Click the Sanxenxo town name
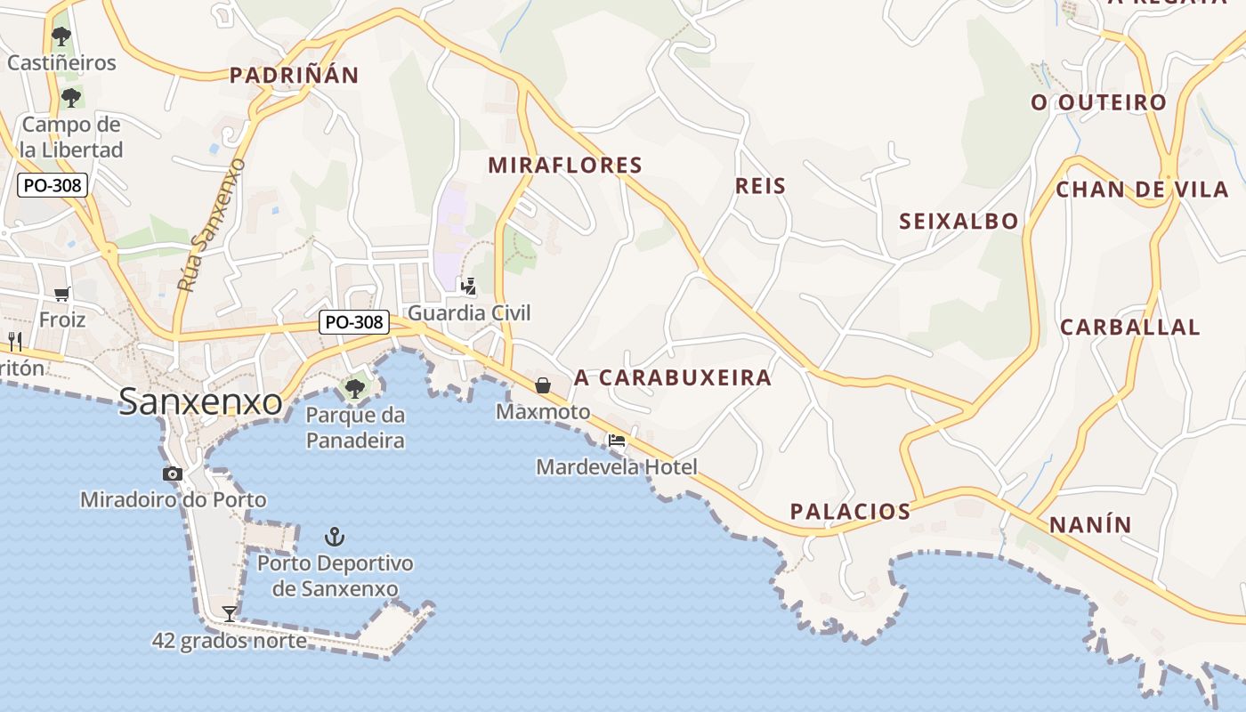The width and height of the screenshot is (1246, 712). coord(200,401)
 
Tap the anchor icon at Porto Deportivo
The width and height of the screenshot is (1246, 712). coord(335,537)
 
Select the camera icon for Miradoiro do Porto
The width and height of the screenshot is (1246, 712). coord(173,474)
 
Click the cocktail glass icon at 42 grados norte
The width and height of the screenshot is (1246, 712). coord(230,613)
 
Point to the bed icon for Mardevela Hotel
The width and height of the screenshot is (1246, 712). coord(616,441)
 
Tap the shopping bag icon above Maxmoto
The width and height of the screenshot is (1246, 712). coord(542,385)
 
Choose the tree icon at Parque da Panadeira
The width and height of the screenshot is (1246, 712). coord(354,388)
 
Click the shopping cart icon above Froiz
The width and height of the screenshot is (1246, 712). coord(61,294)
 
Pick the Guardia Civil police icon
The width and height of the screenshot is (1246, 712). coord(468,287)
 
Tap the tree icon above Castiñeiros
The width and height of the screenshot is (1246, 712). coord(61,36)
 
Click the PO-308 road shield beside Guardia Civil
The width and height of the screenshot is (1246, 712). coord(354,322)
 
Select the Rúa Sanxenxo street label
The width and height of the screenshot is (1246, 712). coord(211,225)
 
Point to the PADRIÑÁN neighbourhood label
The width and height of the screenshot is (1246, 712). coord(294,76)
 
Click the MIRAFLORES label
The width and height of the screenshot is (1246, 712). coord(565,165)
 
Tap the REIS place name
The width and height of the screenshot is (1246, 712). coord(761,186)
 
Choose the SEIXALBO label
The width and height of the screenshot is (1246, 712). coord(959,222)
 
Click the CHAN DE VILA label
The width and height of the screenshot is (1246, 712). coord(1142,190)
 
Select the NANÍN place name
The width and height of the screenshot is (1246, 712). coord(1090,525)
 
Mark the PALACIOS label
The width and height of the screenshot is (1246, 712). coord(850,512)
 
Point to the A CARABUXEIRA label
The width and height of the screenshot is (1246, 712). coord(673,377)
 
